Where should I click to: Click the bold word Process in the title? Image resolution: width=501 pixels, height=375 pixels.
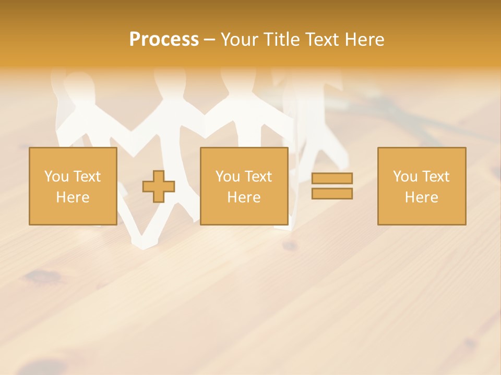(x=164, y=40)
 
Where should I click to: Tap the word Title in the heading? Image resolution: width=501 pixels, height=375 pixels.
(x=282, y=40)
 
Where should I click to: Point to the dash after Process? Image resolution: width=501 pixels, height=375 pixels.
(x=209, y=40)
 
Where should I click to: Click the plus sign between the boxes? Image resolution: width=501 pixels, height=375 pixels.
(x=159, y=186)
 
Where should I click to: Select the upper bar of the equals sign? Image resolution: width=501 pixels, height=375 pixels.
(x=332, y=178)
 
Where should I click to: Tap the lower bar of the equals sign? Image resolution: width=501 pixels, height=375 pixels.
(x=332, y=193)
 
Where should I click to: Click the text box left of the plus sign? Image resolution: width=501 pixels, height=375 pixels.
(x=73, y=186)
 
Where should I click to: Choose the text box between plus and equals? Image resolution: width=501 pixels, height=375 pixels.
(x=244, y=186)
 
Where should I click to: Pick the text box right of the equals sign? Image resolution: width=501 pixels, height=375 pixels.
(x=421, y=186)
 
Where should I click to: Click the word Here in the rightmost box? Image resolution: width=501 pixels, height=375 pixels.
(x=421, y=197)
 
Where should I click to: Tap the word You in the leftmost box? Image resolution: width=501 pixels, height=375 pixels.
(x=56, y=177)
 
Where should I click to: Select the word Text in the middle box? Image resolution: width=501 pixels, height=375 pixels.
(x=258, y=177)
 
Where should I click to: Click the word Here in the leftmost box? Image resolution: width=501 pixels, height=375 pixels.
(x=73, y=197)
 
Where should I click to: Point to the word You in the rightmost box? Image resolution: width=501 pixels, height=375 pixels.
(x=405, y=177)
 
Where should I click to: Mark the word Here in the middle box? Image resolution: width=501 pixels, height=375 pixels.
(x=244, y=197)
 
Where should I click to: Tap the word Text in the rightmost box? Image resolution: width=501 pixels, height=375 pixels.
(x=435, y=177)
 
